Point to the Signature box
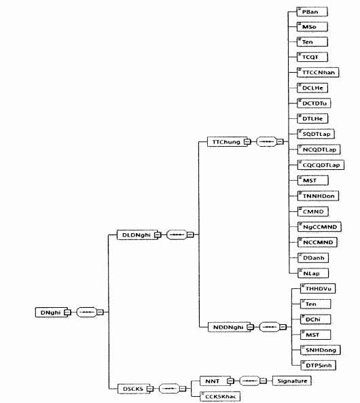291,381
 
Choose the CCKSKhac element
220,396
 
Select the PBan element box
312,12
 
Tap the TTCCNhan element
318,73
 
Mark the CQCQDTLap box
321,165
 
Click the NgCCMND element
319,227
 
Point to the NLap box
313,273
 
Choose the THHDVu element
318,289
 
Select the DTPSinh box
318,365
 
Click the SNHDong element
321,350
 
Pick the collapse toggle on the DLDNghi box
158,234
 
